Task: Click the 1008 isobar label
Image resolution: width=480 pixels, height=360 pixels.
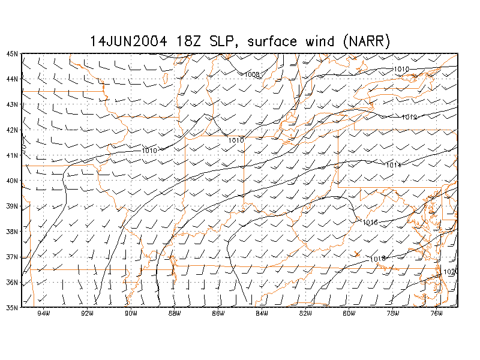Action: (252, 74)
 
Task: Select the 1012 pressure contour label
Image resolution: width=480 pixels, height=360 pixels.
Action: (410, 117)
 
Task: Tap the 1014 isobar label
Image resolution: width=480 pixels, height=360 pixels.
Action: (394, 165)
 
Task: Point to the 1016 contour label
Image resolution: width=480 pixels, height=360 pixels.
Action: (370, 223)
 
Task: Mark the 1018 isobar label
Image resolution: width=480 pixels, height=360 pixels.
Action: (378, 259)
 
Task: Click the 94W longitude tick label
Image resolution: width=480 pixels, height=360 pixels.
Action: (43, 313)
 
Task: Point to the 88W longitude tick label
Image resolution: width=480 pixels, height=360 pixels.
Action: (174, 313)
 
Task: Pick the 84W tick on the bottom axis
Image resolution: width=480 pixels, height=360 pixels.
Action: (262, 313)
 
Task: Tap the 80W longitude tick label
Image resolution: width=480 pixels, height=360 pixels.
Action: (349, 313)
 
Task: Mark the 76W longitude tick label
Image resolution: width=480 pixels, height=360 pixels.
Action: (436, 313)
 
